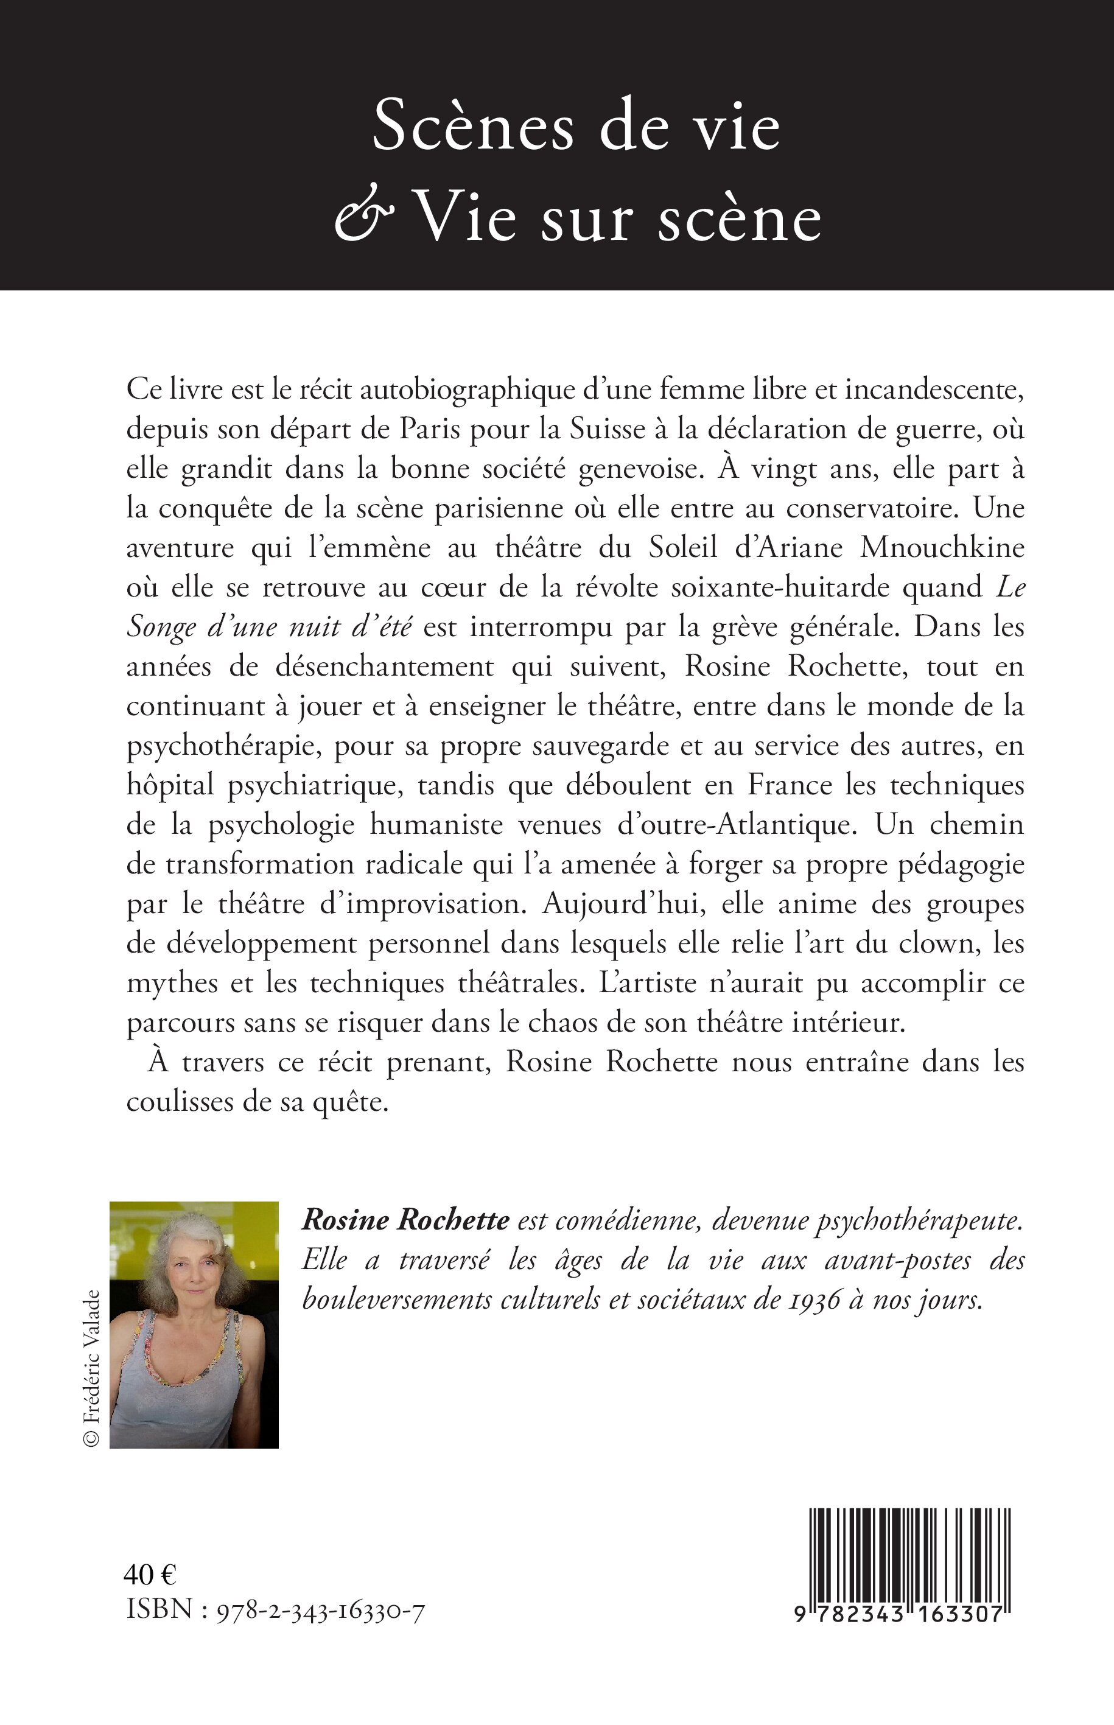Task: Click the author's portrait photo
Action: click(x=194, y=1325)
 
